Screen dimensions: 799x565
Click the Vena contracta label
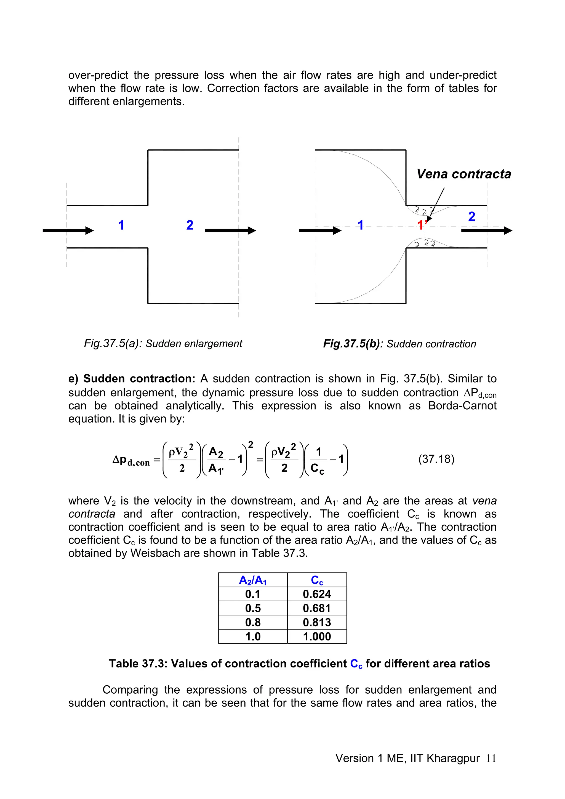point(464,174)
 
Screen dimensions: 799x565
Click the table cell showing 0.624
point(317,594)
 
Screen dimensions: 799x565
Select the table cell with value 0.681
point(317,608)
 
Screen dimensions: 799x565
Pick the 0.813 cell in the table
point(317,622)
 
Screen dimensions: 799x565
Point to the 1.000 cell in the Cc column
point(317,637)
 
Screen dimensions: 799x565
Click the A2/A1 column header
point(253,580)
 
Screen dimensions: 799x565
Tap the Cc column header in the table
point(317,580)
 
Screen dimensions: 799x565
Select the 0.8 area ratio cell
point(253,622)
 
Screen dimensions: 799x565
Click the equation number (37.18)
point(436,459)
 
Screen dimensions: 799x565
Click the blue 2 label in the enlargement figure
point(190,225)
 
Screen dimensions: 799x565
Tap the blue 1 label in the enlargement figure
point(121,225)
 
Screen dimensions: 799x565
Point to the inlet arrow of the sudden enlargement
point(68,230)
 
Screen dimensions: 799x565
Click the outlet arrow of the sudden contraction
point(486,230)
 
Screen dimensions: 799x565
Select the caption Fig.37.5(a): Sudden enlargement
point(163,343)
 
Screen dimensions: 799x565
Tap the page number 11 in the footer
point(491,758)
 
